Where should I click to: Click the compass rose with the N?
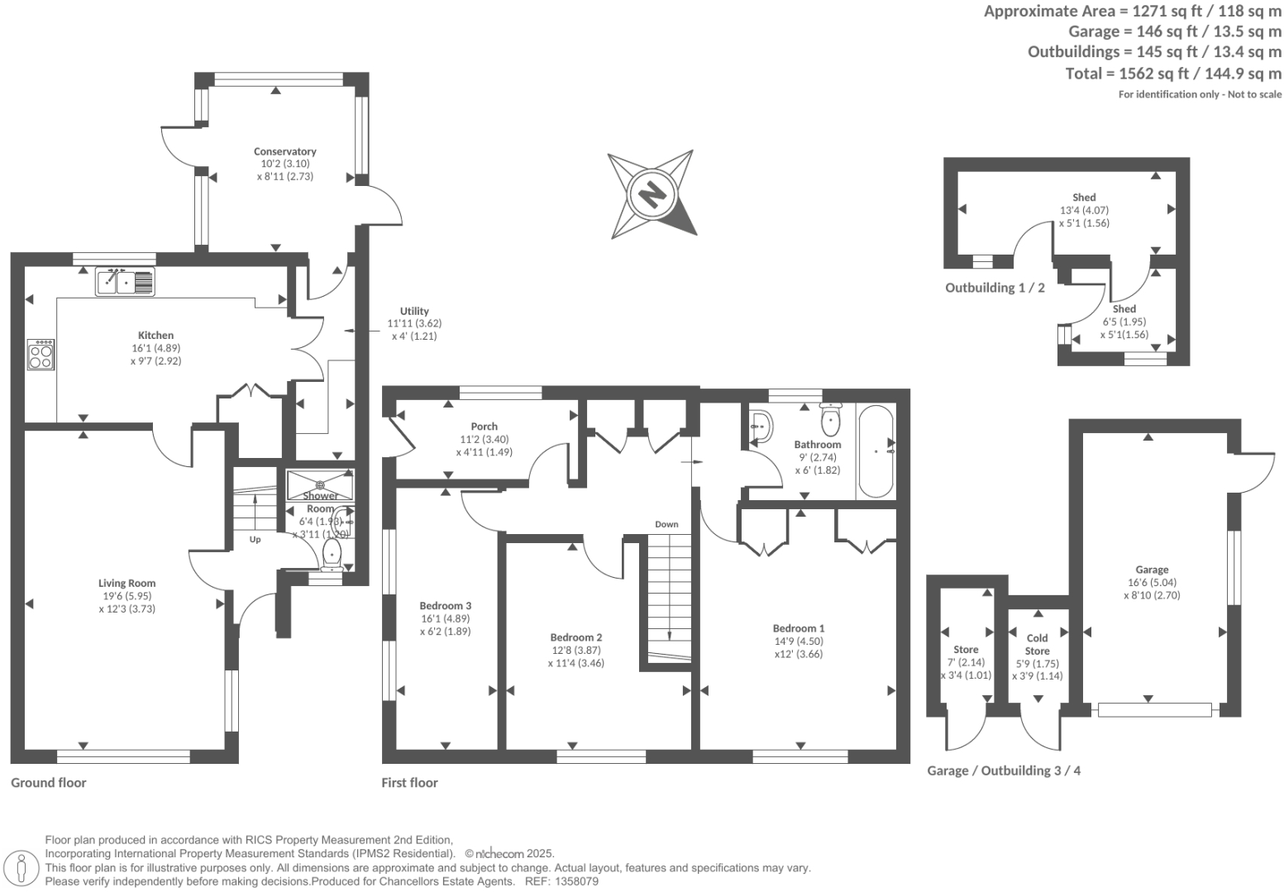tap(652, 194)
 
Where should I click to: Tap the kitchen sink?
tap(125, 282)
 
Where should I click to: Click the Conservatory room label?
tap(284, 151)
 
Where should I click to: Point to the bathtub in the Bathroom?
tap(876, 451)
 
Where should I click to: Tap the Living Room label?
tap(126, 583)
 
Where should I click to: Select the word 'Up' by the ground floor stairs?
tap(255, 539)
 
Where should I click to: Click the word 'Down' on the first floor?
tap(666, 524)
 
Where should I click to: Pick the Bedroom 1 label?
tap(799, 628)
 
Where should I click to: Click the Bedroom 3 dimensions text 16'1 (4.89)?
tap(446, 618)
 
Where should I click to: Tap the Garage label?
tap(1152, 570)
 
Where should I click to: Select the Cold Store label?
tap(1037, 644)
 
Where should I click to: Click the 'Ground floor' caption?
tap(48, 782)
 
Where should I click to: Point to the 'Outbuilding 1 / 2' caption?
tap(995, 288)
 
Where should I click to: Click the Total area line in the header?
tap(1173, 73)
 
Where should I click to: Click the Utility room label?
tap(414, 311)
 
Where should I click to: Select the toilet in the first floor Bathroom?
tap(830, 422)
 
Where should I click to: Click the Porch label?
tap(484, 427)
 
